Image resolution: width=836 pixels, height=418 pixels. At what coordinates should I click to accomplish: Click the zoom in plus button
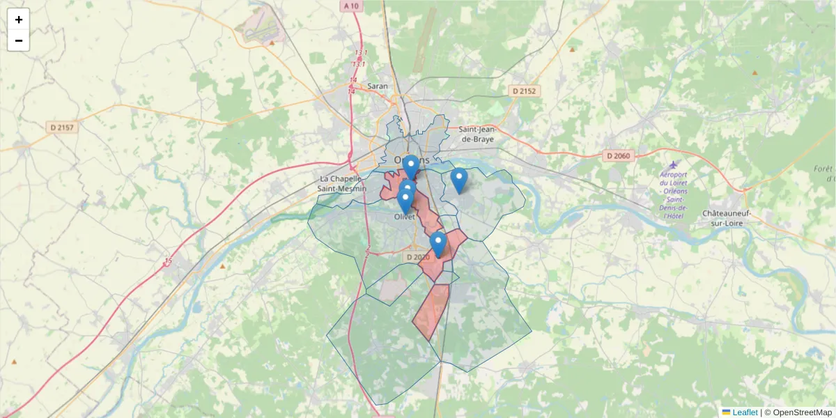click(19, 20)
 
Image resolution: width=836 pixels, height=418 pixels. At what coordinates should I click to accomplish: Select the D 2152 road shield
click(525, 91)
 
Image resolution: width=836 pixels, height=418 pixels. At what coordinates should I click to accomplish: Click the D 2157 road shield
click(62, 127)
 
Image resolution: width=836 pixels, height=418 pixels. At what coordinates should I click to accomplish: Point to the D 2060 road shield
click(618, 156)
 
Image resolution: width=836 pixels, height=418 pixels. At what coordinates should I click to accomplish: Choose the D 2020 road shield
click(418, 257)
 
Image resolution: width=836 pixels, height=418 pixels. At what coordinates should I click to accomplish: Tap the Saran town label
click(377, 86)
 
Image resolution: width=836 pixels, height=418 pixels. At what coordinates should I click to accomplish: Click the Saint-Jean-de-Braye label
click(476, 134)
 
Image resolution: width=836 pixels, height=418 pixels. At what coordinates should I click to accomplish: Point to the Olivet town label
click(405, 217)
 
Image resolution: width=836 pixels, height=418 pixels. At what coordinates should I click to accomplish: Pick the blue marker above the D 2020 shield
click(438, 245)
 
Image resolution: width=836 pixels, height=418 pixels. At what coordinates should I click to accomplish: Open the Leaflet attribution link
click(745, 412)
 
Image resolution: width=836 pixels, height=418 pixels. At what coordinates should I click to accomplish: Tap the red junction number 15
click(168, 262)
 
